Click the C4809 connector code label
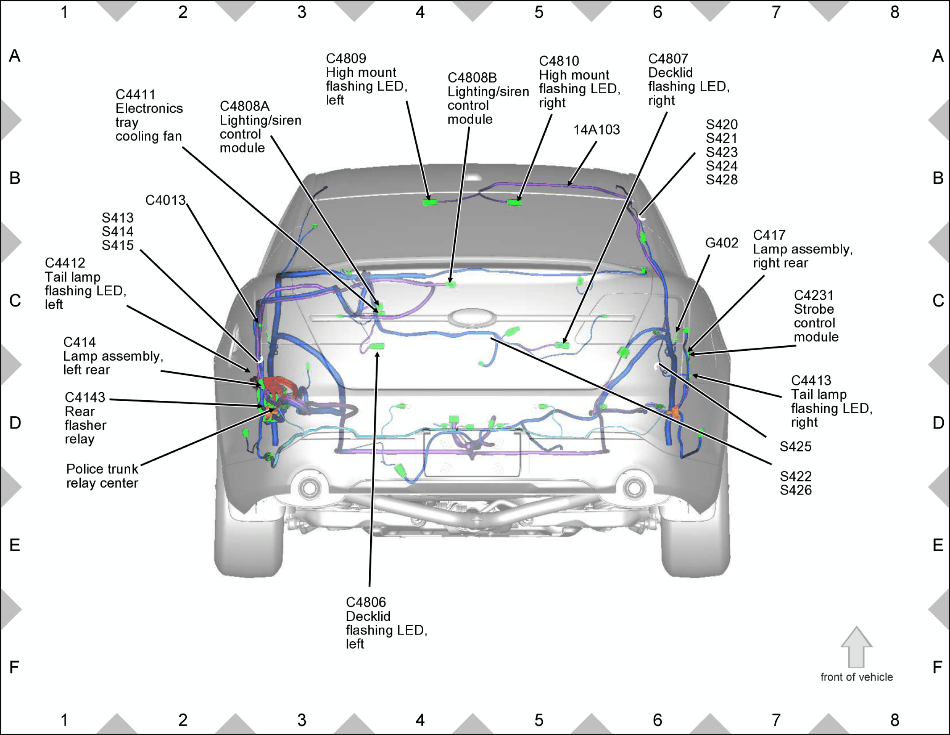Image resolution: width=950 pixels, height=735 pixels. pyautogui.click(x=346, y=58)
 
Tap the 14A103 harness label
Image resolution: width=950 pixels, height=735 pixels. pyautogui.click(x=596, y=130)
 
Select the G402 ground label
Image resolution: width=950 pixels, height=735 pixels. pyautogui.click(x=722, y=243)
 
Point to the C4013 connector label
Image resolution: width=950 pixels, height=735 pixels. pyautogui.click(x=165, y=200)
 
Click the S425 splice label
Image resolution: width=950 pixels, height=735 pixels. pyautogui.click(x=796, y=446)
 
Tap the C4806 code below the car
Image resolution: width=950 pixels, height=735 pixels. pyautogui.click(x=366, y=602)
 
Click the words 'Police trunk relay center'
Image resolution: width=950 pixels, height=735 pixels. pyautogui.click(x=102, y=476)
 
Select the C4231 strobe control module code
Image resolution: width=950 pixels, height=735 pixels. pyautogui.click(x=814, y=295)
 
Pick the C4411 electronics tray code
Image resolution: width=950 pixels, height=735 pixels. pyautogui.click(x=136, y=95)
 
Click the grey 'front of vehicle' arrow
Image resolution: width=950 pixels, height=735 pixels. pyautogui.click(x=856, y=647)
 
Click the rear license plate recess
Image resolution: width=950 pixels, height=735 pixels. pyautogui.click(x=472, y=453)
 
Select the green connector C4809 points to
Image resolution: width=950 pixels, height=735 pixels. pyautogui.click(x=430, y=202)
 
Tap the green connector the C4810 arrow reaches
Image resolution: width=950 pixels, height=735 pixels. pyautogui.click(x=515, y=203)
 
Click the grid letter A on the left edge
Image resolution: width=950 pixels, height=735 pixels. pyautogui.click(x=15, y=56)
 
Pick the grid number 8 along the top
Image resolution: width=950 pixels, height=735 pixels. pyautogui.click(x=895, y=12)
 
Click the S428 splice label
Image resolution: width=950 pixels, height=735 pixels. pyautogui.click(x=722, y=180)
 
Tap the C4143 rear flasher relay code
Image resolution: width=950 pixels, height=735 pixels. pyautogui.click(x=85, y=397)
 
